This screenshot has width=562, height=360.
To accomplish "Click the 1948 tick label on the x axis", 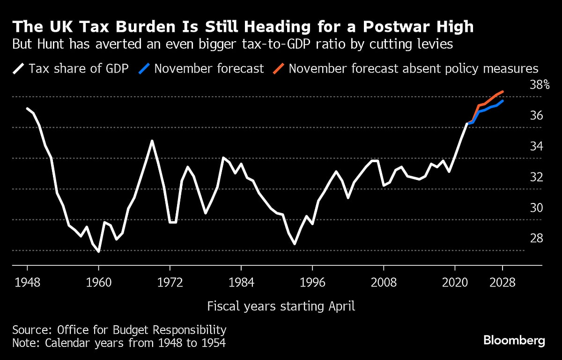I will [27, 283].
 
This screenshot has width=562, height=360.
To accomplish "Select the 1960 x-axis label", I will [98, 283].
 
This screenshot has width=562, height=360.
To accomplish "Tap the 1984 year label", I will [241, 283].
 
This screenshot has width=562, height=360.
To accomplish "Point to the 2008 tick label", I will [383, 283].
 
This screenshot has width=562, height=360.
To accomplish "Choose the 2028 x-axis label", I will [503, 283].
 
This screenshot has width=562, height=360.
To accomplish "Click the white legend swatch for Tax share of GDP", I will [19, 69].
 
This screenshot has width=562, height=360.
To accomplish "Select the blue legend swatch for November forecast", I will [144, 69].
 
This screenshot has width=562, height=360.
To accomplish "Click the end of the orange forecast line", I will [503, 92].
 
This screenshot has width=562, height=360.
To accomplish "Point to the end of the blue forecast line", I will [503, 101].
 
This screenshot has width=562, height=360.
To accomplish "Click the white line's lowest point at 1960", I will [98, 252].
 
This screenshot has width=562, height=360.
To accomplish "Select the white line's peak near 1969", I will [152, 141].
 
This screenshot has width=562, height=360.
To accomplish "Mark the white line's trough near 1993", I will [295, 244].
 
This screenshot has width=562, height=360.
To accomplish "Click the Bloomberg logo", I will [514, 340].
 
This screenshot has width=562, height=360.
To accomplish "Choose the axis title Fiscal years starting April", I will [281, 307].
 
